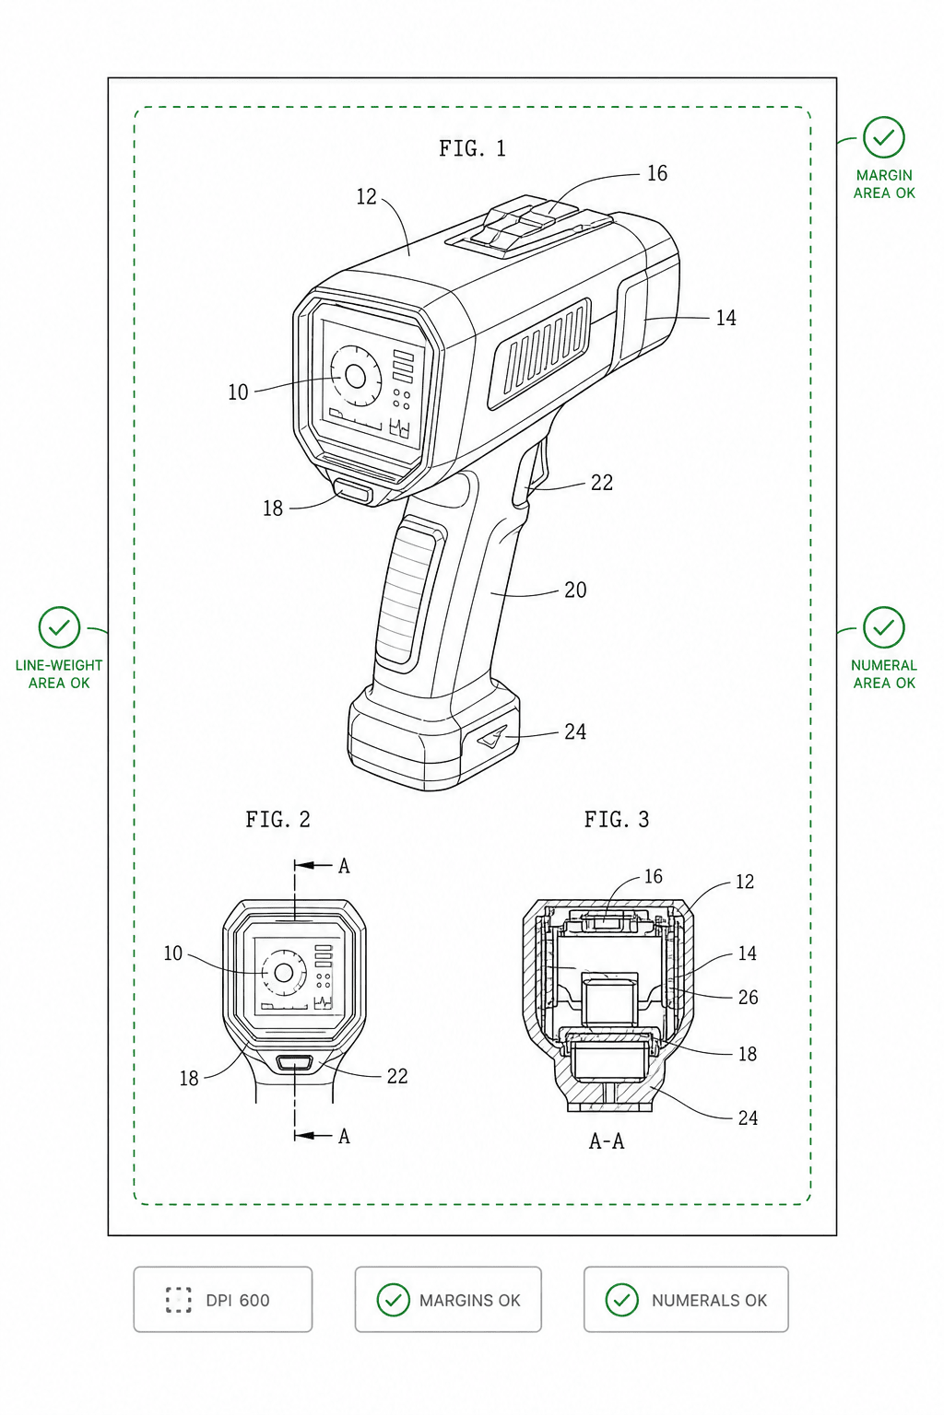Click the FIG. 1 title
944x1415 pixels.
472,148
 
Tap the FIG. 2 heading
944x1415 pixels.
278,819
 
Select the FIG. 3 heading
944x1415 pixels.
617,819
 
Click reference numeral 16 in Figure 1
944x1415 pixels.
657,173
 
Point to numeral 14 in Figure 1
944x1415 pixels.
726,318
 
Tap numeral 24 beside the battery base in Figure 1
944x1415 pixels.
574,731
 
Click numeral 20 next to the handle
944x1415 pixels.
574,590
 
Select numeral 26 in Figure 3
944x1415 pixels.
748,998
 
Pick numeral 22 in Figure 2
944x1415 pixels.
397,1076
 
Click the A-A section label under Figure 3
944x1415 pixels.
607,1140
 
